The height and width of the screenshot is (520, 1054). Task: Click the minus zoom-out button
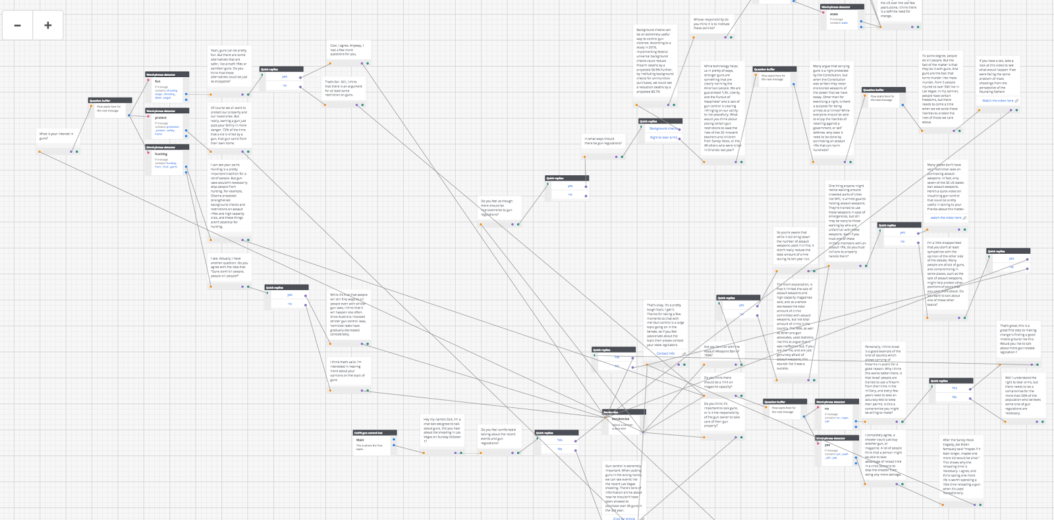pyautogui.click(x=18, y=26)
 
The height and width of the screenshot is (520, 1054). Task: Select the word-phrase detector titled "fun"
pyautogui.click(x=158, y=82)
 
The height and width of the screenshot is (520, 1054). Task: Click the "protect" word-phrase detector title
pyautogui.click(x=161, y=117)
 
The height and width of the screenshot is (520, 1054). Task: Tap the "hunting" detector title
pyautogui.click(x=161, y=154)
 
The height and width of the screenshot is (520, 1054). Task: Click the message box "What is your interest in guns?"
pyautogui.click(x=57, y=136)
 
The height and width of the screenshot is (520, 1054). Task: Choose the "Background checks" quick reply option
pyautogui.click(x=663, y=129)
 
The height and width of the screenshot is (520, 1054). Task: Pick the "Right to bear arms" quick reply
pyautogui.click(x=663, y=137)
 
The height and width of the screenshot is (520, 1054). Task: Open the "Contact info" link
pyautogui.click(x=665, y=353)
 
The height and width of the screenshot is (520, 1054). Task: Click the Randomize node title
pyautogui.click(x=621, y=419)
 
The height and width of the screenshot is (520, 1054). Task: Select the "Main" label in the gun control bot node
pyautogui.click(x=360, y=440)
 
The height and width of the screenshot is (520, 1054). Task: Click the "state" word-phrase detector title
pyautogui.click(x=834, y=14)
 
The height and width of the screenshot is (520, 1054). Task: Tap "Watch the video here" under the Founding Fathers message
pyautogui.click(x=998, y=101)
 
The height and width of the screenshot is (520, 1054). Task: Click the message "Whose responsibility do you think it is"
pyautogui.click(x=711, y=24)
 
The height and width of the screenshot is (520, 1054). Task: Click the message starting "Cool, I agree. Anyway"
pyautogui.click(x=347, y=49)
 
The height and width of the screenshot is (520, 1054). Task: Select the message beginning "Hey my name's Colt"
pyautogui.click(x=442, y=430)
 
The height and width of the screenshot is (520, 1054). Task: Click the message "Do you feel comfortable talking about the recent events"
pyautogui.click(x=499, y=436)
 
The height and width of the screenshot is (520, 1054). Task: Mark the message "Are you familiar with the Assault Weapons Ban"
pyautogui.click(x=722, y=351)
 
